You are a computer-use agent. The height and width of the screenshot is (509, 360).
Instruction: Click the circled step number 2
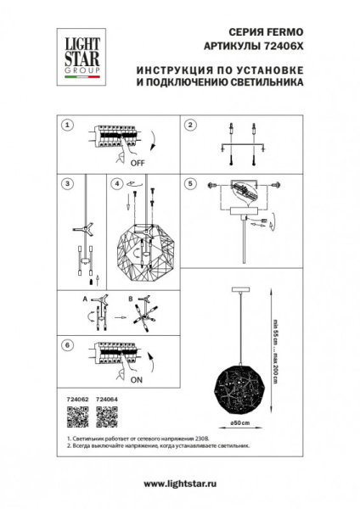point(191,125)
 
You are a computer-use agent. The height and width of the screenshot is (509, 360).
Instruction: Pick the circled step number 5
point(191,182)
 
